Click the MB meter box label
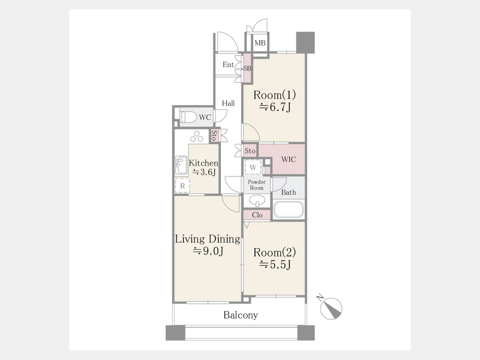[260, 43]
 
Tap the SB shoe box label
[247, 68]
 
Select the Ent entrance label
[228, 65]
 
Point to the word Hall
[228, 103]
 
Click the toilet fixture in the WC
[189, 117]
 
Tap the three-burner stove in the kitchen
[196, 137]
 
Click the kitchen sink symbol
[181, 165]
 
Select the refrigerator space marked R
[182, 186]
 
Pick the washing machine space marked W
[253, 167]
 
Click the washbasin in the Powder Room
[257, 201]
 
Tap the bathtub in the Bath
[289, 210]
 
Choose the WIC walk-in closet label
[289, 159]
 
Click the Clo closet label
[257, 215]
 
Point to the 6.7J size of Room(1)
[275, 107]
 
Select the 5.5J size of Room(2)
[275, 264]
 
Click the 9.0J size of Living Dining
[208, 251]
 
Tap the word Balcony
[241, 315]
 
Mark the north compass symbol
[331, 307]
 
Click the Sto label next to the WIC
[250, 151]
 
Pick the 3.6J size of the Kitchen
[204, 172]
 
